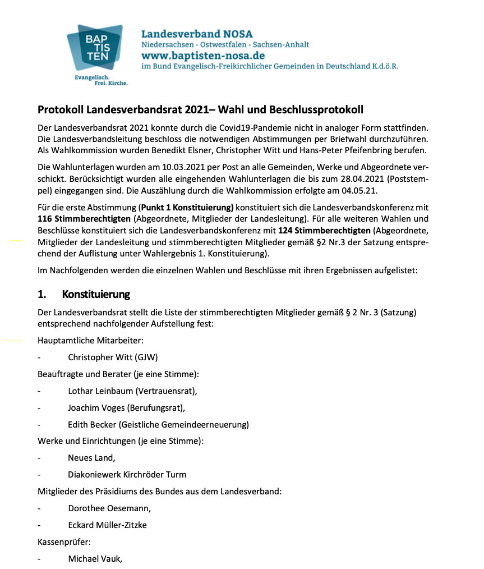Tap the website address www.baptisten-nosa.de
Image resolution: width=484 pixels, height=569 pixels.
tap(202, 56)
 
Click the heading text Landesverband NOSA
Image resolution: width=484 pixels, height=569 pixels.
tap(196, 34)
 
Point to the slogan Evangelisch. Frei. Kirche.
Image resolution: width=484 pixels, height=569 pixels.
tap(101, 79)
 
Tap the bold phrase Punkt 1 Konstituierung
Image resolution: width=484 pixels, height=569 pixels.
tap(187, 206)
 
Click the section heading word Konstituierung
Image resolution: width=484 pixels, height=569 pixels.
tap(96, 294)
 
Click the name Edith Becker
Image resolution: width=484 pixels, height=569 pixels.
tap(92, 424)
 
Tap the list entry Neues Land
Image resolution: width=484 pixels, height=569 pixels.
tap(91, 458)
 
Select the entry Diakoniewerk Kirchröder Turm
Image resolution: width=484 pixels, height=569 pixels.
tap(127, 475)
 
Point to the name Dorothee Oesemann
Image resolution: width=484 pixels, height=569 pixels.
tap(109, 508)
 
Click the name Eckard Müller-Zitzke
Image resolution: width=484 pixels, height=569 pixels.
tap(108, 525)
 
